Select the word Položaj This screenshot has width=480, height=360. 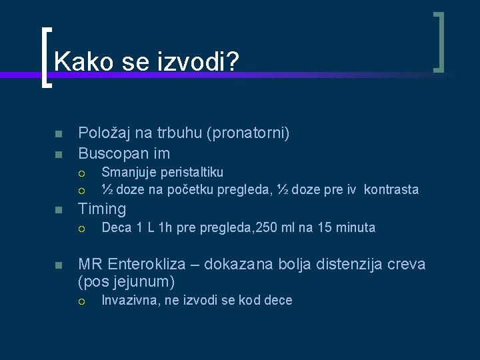[105, 133]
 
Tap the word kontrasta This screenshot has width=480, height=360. [391, 190]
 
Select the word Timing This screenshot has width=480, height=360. [102, 209]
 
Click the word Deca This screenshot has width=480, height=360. [117, 228]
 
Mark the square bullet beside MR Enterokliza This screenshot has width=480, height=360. [58, 265]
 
